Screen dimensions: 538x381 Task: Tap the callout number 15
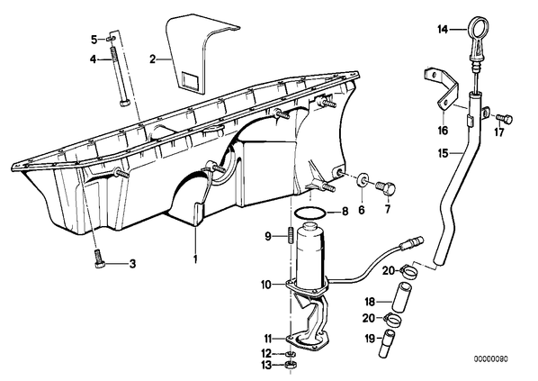(444, 153)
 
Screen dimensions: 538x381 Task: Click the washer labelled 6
(362, 180)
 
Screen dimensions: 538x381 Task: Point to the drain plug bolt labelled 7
(386, 188)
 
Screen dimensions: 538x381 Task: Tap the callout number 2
(153, 59)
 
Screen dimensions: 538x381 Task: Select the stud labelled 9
(291, 236)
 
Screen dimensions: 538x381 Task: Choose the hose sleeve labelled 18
(402, 295)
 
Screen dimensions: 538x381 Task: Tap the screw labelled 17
(505, 119)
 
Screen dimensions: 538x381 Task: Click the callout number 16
(443, 131)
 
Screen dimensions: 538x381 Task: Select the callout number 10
(266, 285)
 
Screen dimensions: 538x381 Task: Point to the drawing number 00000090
(491, 359)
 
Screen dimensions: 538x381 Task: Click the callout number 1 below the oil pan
(195, 259)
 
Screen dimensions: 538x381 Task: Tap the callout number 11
(267, 338)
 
